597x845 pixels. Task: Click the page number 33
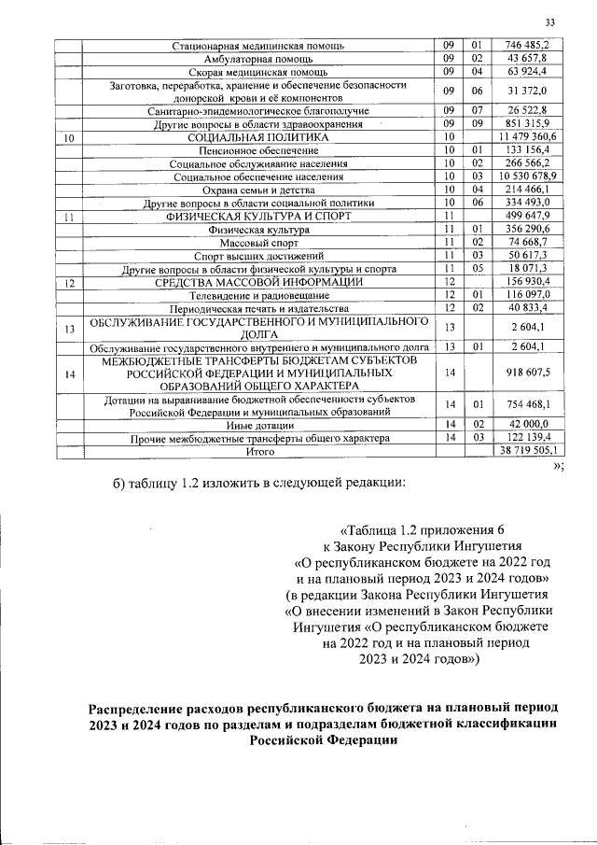[550, 22]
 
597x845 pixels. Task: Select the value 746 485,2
[527, 45]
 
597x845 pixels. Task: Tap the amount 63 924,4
[527, 71]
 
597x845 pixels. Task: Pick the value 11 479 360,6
[527, 137]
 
